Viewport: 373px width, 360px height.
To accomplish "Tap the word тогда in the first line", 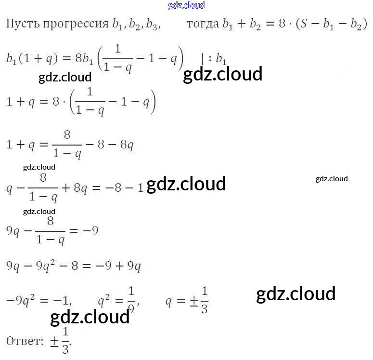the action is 202,25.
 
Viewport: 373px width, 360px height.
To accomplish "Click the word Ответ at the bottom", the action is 25,341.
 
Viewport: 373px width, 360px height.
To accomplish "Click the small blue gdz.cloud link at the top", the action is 186,6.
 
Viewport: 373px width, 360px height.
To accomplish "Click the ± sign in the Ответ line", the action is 54,341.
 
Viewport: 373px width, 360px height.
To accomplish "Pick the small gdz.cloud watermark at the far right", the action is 331,179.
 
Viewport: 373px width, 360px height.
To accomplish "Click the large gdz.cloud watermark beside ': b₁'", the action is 222,74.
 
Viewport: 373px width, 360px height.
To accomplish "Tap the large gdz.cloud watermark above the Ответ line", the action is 90,317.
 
